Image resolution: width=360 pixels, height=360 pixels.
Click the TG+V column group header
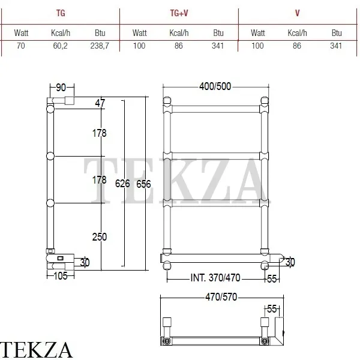(x=179, y=13)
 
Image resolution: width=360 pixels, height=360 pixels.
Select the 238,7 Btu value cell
(x=100, y=46)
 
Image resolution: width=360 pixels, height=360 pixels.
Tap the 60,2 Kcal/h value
(x=60, y=46)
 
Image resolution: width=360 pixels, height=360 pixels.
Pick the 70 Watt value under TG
(x=20, y=46)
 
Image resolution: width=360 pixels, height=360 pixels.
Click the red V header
(x=298, y=13)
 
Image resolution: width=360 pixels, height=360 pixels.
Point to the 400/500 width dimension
(x=215, y=86)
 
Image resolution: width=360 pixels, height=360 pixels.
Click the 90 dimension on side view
(x=61, y=88)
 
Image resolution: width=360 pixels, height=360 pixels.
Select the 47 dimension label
(x=100, y=103)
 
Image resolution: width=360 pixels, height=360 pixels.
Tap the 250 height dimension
(x=100, y=237)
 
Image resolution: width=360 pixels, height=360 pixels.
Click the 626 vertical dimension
(x=122, y=184)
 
